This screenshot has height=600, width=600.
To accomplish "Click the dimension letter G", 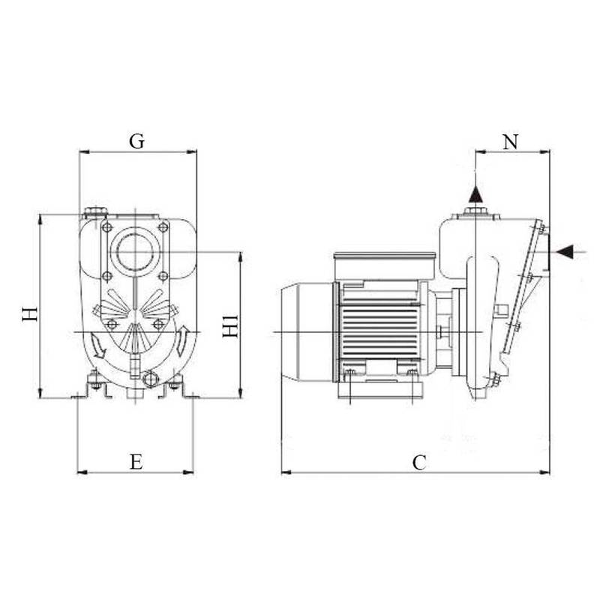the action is tap(137, 141).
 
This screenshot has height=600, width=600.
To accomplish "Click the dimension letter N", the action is tap(511, 142).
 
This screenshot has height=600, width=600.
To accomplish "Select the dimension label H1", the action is tap(230, 326).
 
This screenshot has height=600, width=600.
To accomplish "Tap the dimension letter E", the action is tap(136, 461).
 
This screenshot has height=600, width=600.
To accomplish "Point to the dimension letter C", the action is tap(419, 463).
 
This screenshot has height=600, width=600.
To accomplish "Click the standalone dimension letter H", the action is tap(30, 313).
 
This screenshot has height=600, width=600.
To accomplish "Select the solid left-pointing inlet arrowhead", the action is tap(565, 251).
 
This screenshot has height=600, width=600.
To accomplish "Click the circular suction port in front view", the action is tap(135, 252).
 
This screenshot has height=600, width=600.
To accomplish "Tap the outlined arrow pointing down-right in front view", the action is tap(97, 346).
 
